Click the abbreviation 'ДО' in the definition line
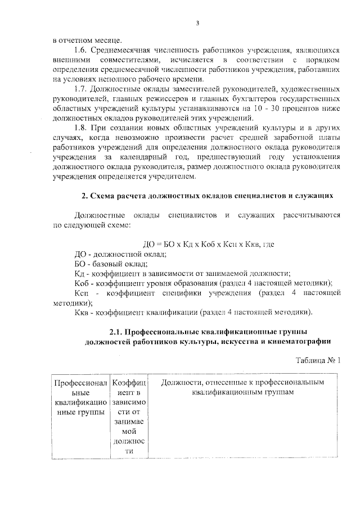pos(80,253)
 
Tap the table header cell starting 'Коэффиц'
pos(129,416)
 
